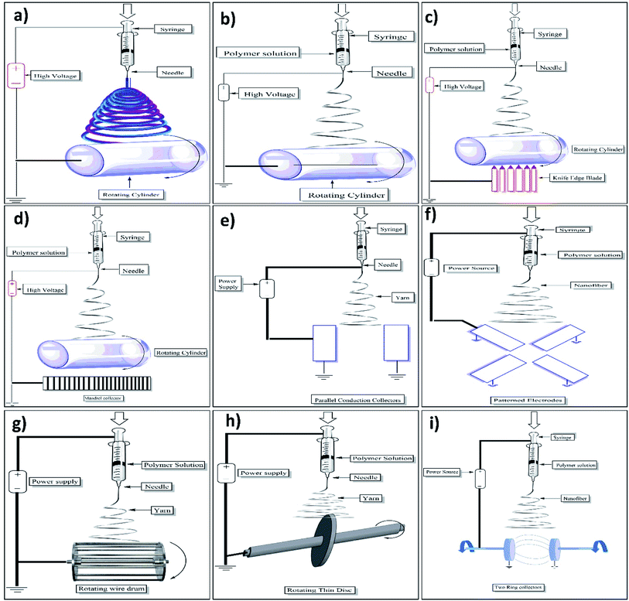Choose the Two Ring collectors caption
pyautogui.click(x=524, y=587)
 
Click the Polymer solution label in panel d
pyautogui.click(x=46, y=252)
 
